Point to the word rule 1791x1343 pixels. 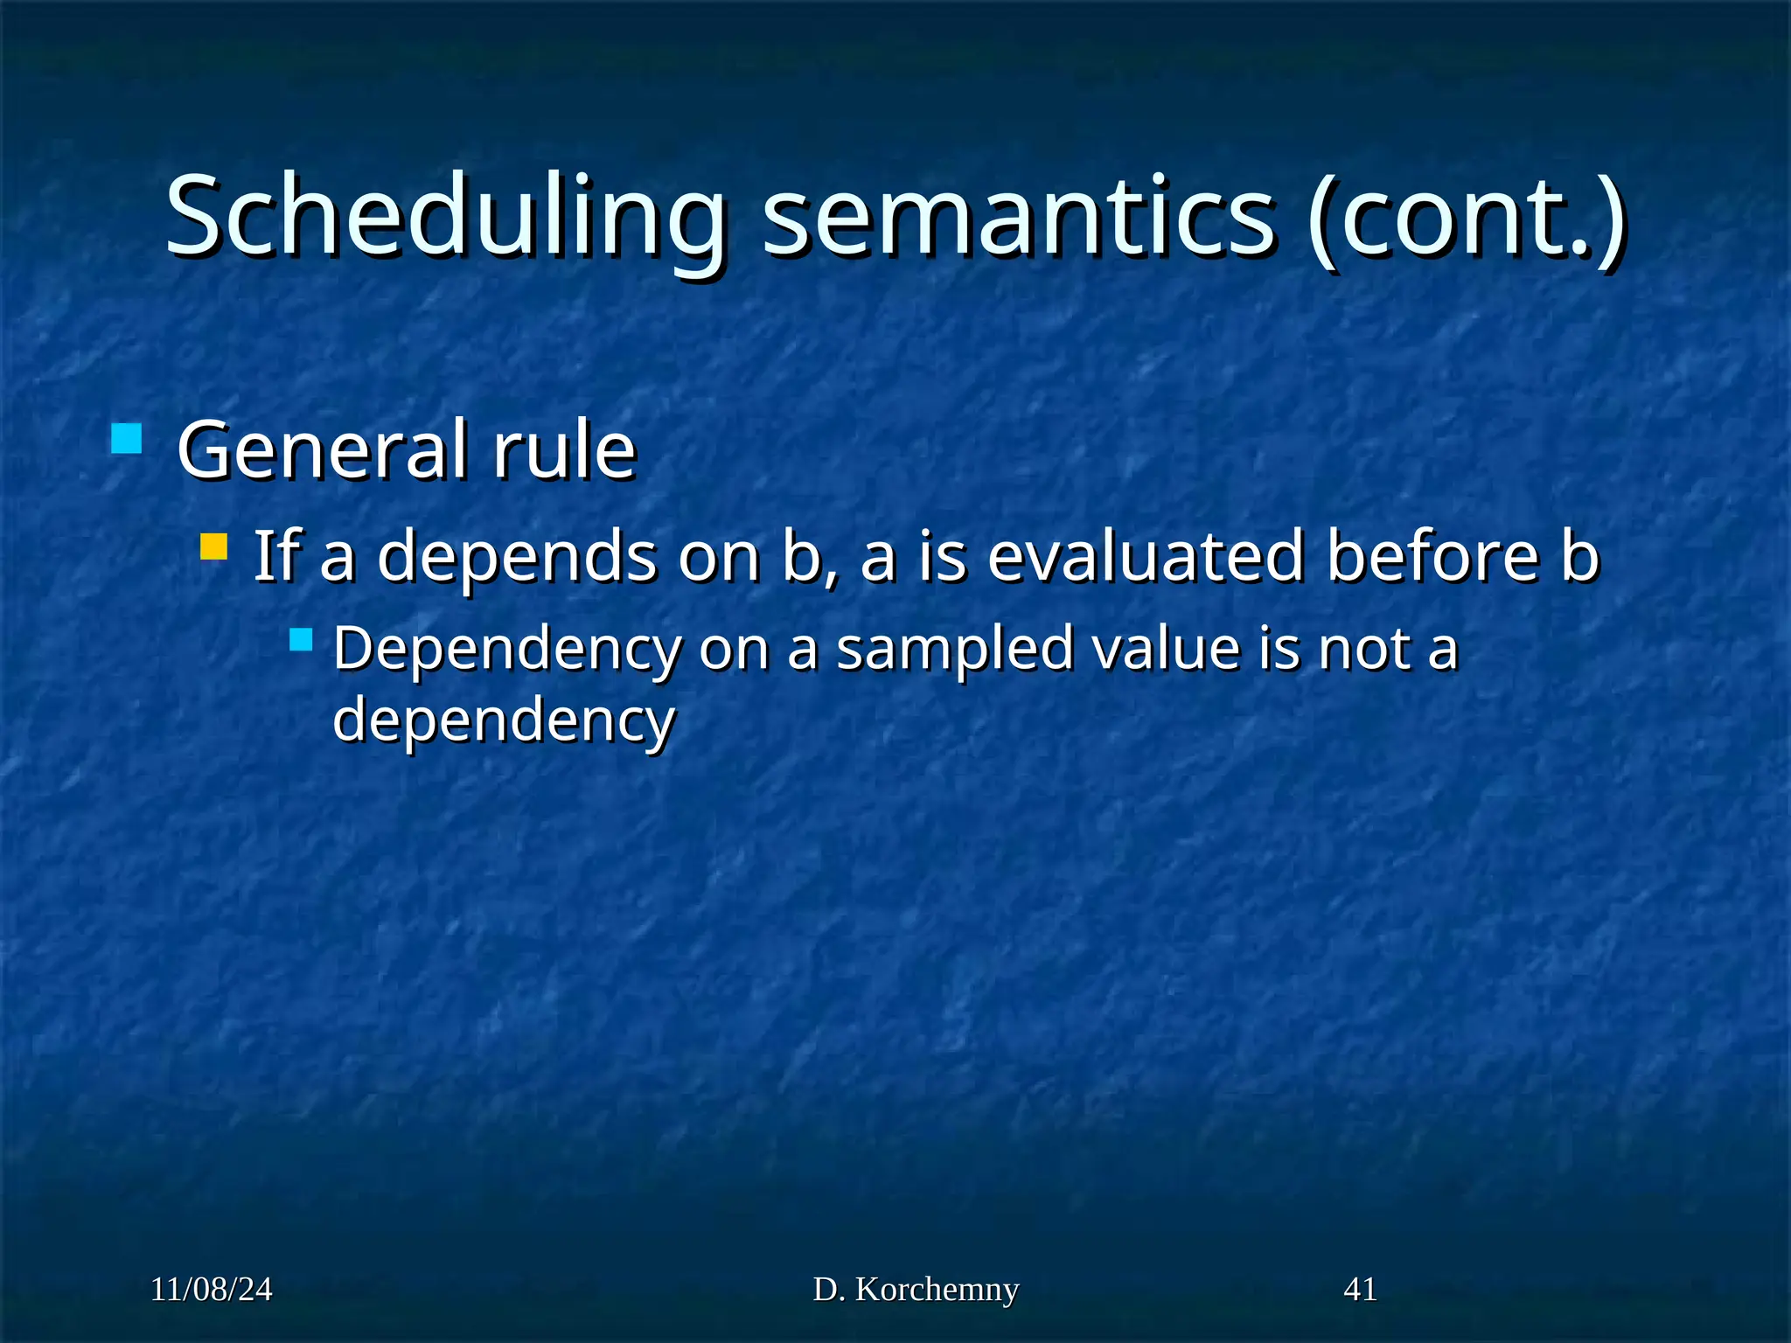tap(564, 450)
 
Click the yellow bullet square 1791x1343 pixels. tap(213, 547)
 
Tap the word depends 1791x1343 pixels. tap(517, 557)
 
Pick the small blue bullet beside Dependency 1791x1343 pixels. tap(301, 639)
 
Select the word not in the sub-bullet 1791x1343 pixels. tap(1364, 650)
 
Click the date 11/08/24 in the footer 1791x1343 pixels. tap(212, 1290)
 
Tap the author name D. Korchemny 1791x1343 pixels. tap(916, 1290)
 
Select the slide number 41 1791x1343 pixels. tap(1360, 1290)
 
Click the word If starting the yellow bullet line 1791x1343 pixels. tap(277, 557)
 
